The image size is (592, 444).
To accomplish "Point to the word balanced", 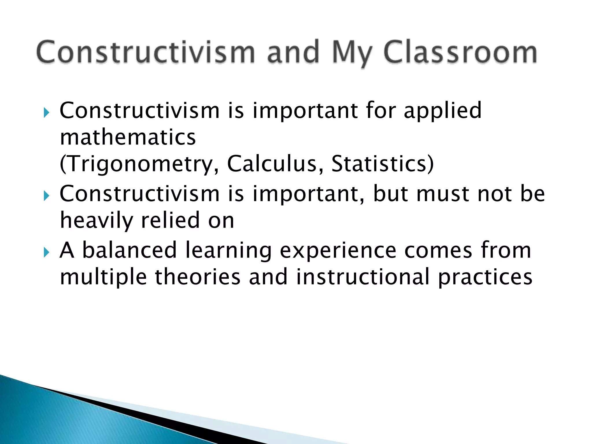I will [x=129, y=250].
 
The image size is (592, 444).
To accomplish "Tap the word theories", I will [x=198, y=277].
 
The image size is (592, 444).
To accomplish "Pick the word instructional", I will [x=363, y=277].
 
